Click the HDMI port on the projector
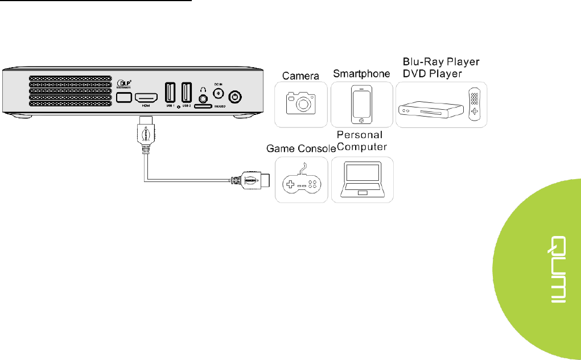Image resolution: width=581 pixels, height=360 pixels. (146, 98)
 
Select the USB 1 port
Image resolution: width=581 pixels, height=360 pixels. (170, 93)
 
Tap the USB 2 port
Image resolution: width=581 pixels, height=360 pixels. (186, 93)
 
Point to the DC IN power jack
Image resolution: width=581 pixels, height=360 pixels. (217, 95)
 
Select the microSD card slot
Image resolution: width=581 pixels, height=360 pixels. (204, 106)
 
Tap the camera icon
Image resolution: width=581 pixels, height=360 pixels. (301, 104)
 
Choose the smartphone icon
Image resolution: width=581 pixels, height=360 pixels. (361, 104)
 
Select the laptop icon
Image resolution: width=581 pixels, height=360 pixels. (361, 181)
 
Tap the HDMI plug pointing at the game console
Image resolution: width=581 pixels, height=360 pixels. (254, 180)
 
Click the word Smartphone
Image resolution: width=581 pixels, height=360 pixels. (361, 74)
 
